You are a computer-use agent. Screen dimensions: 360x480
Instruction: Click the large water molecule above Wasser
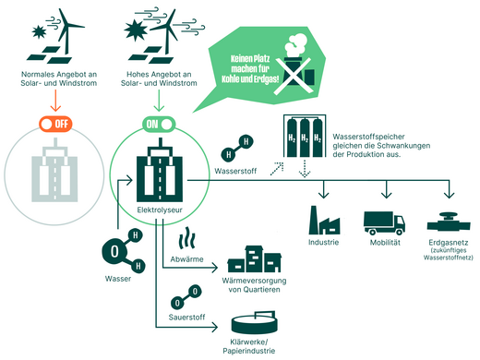click(114, 249)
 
